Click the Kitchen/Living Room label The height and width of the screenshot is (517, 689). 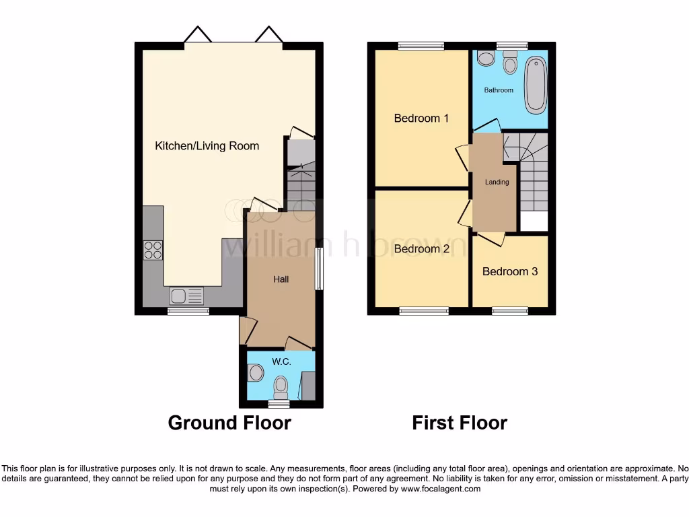207,145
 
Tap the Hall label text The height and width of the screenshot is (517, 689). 281,279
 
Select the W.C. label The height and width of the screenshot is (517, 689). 281,362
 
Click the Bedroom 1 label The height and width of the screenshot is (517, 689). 421,118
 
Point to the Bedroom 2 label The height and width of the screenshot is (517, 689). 421,249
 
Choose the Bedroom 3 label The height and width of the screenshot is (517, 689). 509,272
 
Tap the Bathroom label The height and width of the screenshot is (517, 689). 499,90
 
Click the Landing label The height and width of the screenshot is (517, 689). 497,182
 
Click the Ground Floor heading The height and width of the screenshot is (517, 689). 229,423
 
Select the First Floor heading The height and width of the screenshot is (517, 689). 460,423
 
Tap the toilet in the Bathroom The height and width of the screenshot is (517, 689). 510,63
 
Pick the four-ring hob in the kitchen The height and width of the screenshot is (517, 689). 153,250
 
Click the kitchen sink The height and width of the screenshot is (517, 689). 186,296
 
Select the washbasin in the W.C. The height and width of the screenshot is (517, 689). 255,372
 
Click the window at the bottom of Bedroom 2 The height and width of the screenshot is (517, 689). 424,310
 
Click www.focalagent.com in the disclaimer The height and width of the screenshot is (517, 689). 441,489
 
